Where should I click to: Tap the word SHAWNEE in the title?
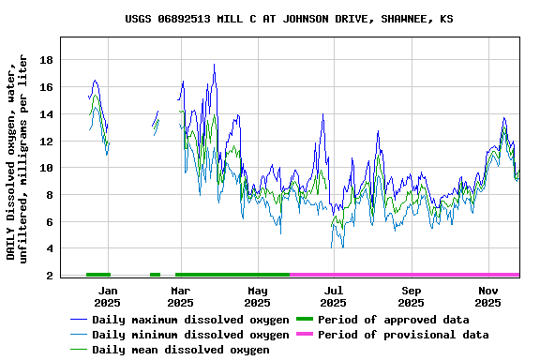(x=401, y=19)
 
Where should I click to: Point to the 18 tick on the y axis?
(x=47, y=60)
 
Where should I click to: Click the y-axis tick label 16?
(x=47, y=87)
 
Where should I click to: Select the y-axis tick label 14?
(x=47, y=114)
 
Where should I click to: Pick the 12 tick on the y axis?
(x=47, y=142)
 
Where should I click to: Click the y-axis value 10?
(x=47, y=168)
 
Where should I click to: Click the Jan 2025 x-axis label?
(x=107, y=296)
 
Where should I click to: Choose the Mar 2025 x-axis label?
(x=181, y=296)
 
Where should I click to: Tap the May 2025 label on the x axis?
(x=257, y=296)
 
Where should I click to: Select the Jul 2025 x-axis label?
(x=333, y=296)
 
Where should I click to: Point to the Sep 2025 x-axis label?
(x=411, y=296)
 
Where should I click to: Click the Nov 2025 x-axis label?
(x=487, y=296)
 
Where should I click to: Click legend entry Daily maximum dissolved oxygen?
(x=190, y=320)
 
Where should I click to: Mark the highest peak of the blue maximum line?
(x=214, y=65)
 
